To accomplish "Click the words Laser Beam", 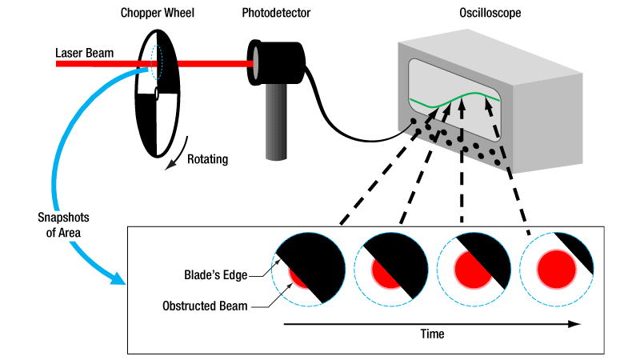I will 84,54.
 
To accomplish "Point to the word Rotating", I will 207,159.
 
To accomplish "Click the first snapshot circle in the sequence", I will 308,268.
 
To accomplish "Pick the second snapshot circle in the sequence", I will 391,268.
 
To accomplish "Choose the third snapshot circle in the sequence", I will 474,268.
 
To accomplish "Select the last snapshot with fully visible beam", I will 557,268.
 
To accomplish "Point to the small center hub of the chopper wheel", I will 158,95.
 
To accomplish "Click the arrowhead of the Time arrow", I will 574,324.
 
